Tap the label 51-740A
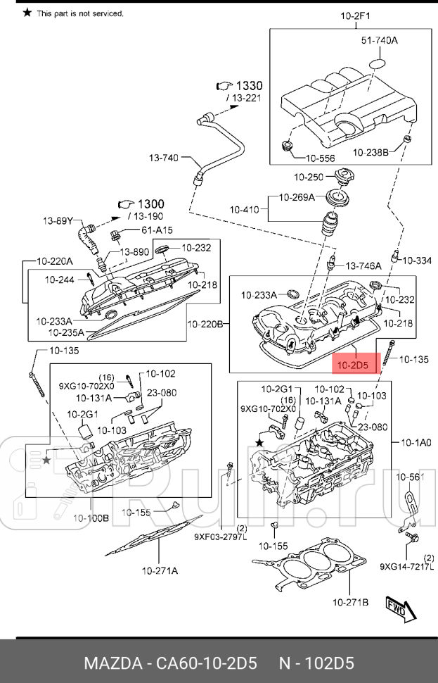click(379, 41)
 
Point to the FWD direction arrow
click(396, 609)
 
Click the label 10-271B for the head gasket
click(349, 602)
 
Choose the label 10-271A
click(160, 570)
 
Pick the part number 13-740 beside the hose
click(163, 158)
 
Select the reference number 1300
click(150, 204)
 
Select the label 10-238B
click(371, 152)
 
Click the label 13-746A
click(363, 265)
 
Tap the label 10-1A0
click(416, 442)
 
